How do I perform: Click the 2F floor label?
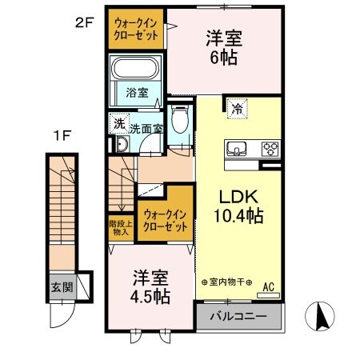coord(85,23)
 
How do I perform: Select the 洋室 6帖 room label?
coord(226,47)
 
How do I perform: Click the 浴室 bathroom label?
coord(136,93)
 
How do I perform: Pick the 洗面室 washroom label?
coord(146,126)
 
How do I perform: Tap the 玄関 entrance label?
coord(61,287)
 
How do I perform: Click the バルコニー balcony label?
coord(238,316)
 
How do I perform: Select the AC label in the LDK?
coord(268,285)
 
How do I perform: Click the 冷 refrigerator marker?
coord(238,107)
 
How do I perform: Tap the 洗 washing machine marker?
coord(118,123)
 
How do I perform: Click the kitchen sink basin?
coord(239,148)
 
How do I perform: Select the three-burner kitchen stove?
coord(270,148)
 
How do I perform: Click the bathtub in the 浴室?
coord(136,69)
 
